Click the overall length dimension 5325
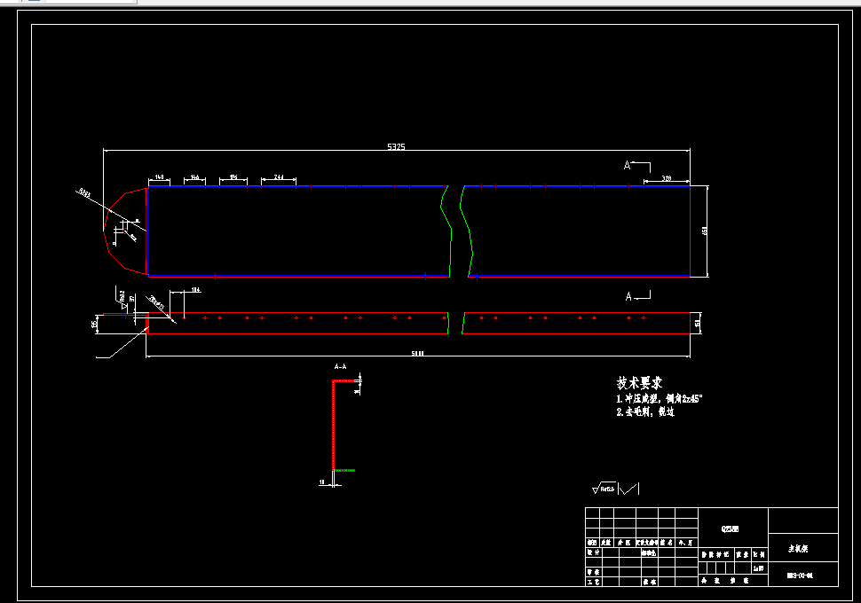[x=396, y=146]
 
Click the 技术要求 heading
[x=640, y=383]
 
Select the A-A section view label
[x=340, y=366]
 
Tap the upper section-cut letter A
[x=628, y=166]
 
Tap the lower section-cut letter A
[x=628, y=296]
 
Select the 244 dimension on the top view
[x=278, y=178]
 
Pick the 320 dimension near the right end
[x=666, y=178]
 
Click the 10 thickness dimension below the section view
[x=322, y=483]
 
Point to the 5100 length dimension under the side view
[x=417, y=354]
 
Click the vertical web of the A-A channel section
[x=334, y=426]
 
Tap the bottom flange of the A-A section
[x=344, y=470]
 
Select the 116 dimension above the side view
[x=195, y=290]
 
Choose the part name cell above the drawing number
[x=801, y=549]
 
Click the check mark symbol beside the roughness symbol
[x=629, y=488]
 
